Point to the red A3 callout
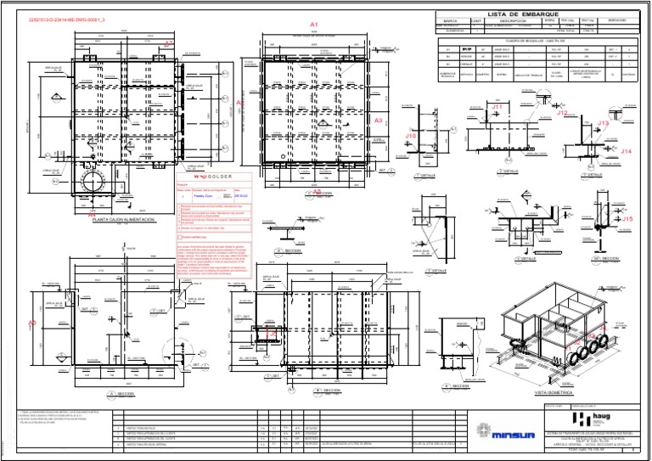[379, 121]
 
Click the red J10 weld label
[410, 135]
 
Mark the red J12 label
[562, 112]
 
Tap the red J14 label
[627, 150]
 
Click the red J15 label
[627, 219]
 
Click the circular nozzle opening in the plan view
[90, 184]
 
